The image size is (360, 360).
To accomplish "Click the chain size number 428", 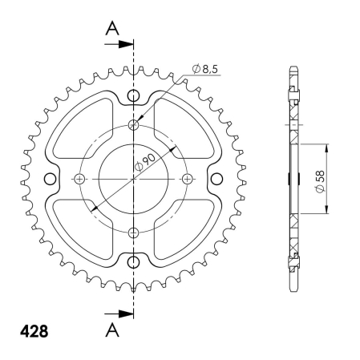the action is click(x=34, y=331).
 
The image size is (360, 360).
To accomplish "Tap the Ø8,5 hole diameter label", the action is click(x=205, y=69).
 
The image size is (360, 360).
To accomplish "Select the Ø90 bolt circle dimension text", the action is click(x=145, y=163).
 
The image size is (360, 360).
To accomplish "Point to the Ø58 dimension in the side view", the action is click(x=320, y=181).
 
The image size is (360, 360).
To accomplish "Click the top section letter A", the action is click(x=112, y=29).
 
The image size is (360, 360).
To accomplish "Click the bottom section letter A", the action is click(x=112, y=330).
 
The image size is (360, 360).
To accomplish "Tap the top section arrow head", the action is click(x=126, y=44).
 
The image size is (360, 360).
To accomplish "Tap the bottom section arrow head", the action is click(x=126, y=313).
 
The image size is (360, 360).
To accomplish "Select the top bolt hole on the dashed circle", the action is click(x=133, y=124).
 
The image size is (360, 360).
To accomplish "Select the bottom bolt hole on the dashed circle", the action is click(x=133, y=233).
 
